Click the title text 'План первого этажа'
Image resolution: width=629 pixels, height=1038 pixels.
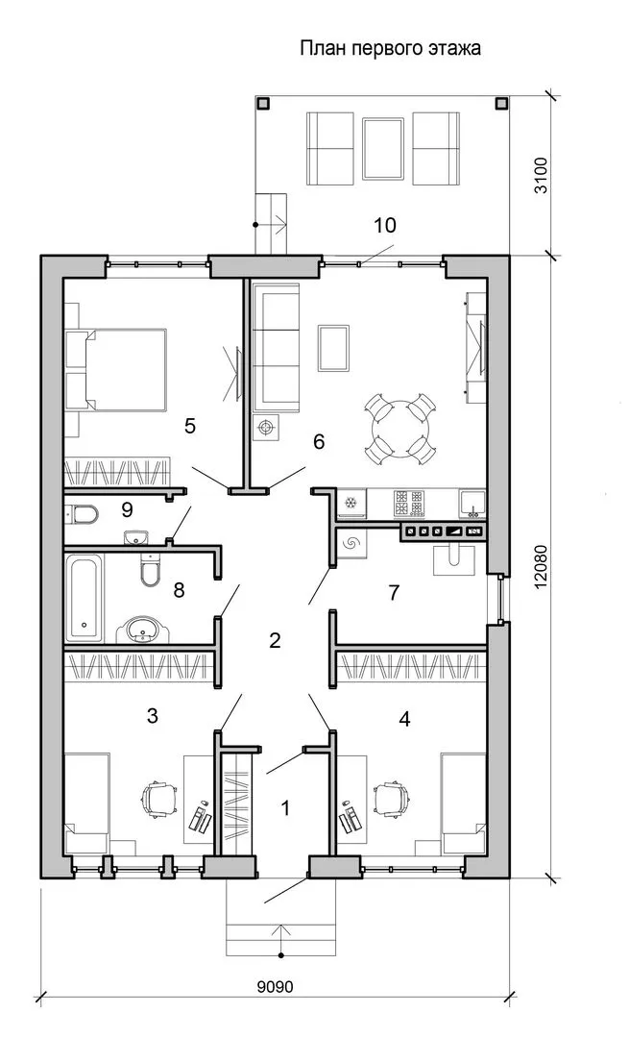tap(390, 49)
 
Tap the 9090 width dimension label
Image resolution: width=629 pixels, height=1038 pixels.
tap(275, 987)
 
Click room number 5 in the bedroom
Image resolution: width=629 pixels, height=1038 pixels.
tap(190, 426)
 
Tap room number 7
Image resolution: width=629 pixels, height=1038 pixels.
tap(394, 592)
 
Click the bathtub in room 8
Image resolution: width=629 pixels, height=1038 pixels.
tap(85, 598)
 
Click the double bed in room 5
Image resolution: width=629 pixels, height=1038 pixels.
tap(118, 369)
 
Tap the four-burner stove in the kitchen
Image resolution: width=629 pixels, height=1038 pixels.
tap(409, 503)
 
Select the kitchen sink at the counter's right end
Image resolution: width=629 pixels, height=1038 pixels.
tap(472, 503)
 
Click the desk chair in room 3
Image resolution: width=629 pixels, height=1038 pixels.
tap(160, 800)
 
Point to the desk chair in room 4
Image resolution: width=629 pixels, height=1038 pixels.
tap(392, 800)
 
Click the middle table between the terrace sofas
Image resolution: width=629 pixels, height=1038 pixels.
tap(383, 148)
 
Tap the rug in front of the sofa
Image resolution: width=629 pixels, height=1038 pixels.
tap(333, 348)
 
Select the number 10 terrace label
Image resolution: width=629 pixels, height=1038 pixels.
tap(385, 225)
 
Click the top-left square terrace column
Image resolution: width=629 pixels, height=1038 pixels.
tap(262, 103)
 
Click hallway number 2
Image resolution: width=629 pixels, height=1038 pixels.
tap(276, 640)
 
